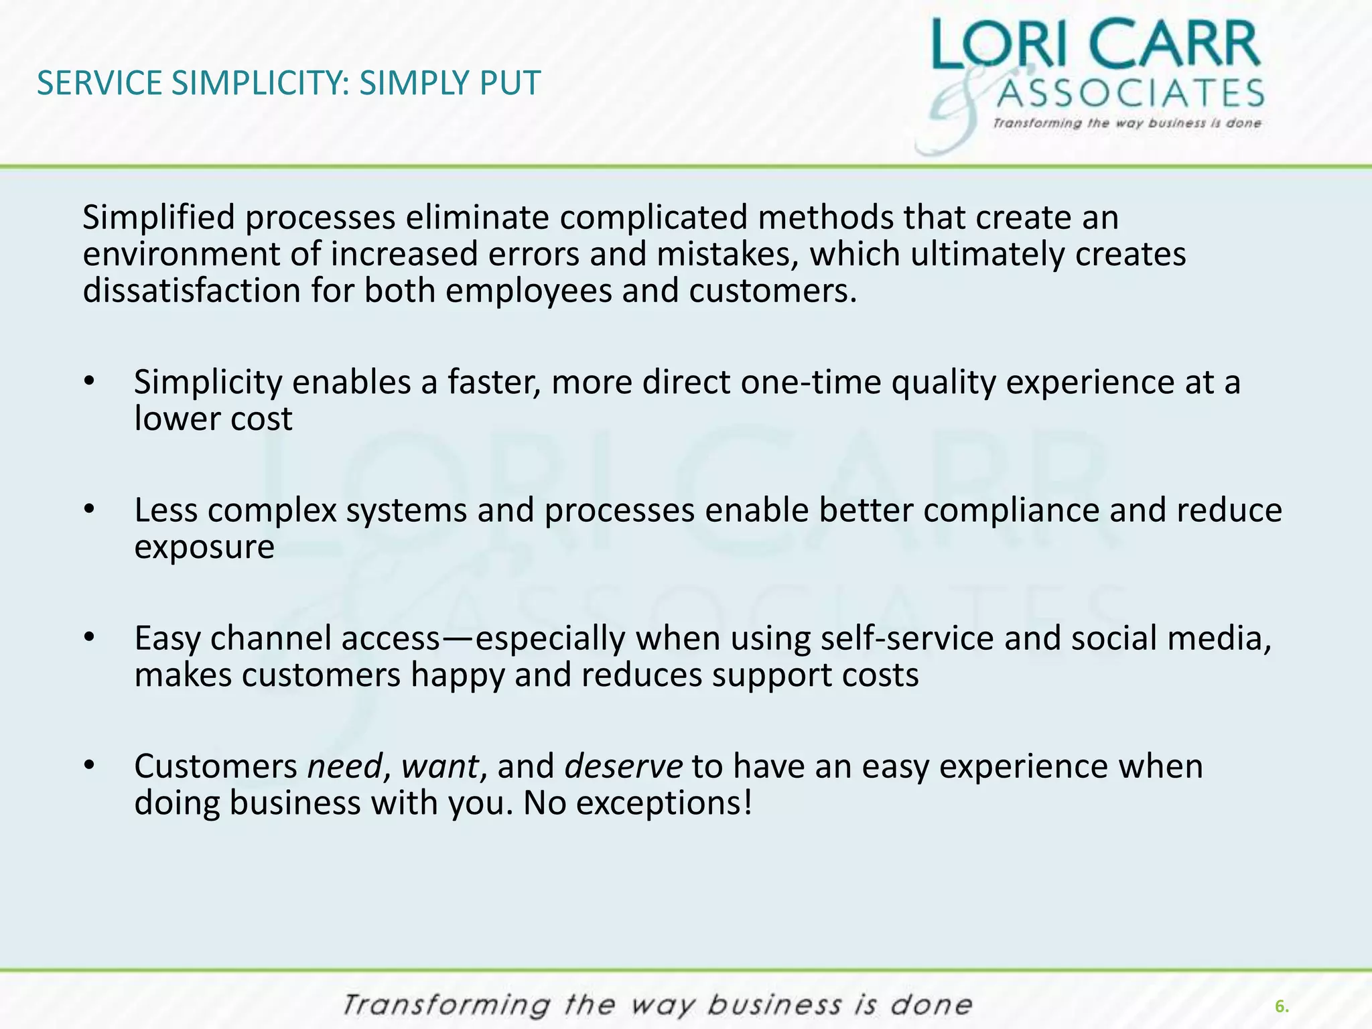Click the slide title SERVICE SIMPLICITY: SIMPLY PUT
[x=288, y=84]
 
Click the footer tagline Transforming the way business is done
[x=657, y=1006]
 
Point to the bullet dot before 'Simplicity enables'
[x=90, y=382]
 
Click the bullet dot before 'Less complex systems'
[x=90, y=510]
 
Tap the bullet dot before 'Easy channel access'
[x=90, y=638]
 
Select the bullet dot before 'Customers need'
[x=90, y=766]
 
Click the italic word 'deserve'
[x=623, y=766]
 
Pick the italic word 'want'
[x=439, y=766]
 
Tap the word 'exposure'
[x=204, y=547]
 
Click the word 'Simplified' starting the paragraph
[x=159, y=218]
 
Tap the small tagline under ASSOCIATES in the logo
[x=1127, y=123]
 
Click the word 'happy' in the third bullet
[x=457, y=675]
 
